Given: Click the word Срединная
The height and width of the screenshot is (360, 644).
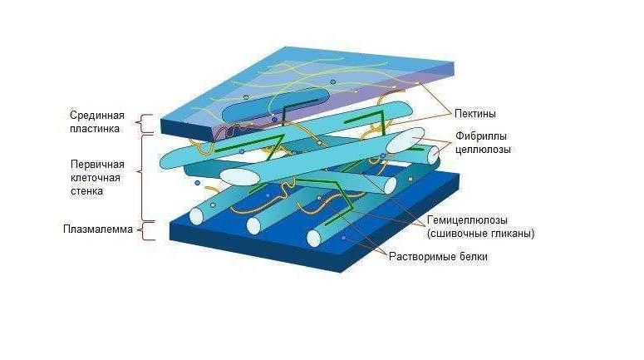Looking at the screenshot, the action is point(97,115).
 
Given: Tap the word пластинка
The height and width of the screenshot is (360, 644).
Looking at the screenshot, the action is point(95,129).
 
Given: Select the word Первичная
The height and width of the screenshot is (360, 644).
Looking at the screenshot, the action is point(97,165).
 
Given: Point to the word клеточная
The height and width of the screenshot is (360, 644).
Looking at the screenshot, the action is point(96,178).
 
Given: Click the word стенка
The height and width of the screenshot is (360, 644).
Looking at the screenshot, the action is point(86,191).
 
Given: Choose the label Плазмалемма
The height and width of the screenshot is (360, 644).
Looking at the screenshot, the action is point(98,229).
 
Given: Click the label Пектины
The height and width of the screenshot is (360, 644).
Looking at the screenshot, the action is point(475,113).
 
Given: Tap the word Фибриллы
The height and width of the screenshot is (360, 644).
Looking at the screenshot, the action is point(481,136).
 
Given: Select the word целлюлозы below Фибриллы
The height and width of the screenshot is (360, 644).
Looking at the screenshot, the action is point(483,149).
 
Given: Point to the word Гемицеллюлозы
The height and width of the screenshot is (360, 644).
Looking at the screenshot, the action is point(467,220).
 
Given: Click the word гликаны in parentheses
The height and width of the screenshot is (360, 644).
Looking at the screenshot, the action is point(513,234).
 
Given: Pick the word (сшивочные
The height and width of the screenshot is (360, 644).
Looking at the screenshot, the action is point(458,234).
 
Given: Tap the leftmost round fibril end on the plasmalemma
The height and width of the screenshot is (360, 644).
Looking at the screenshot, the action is point(197,216).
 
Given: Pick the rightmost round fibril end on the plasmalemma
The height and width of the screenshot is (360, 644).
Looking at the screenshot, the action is point(314,239).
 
